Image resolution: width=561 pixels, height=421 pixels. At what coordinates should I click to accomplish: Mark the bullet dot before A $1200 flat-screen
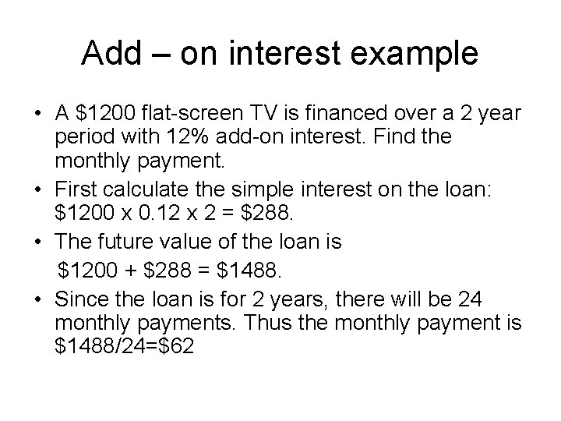38,114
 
